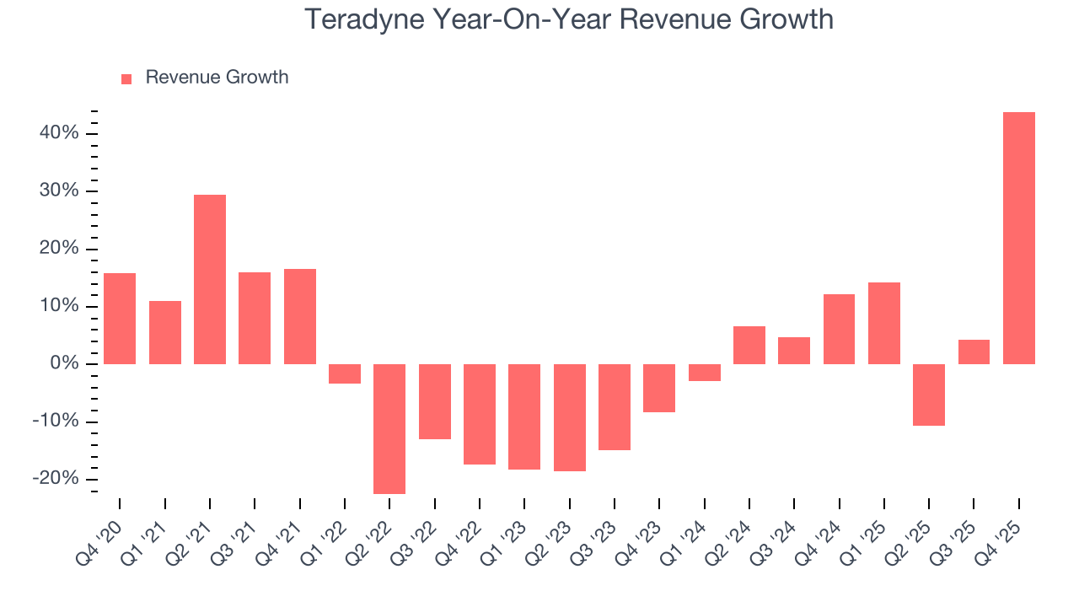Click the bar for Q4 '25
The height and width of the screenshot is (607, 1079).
point(1018,238)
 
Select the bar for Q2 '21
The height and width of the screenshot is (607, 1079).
point(210,279)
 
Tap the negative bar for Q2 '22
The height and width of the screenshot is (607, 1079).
point(389,428)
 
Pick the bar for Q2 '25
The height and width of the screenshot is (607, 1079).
point(929,395)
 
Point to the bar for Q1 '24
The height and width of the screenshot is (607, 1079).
point(704,373)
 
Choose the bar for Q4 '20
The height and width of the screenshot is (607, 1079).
point(120,319)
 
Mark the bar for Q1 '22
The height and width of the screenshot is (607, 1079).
point(345,373)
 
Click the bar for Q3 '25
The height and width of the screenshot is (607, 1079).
point(974,352)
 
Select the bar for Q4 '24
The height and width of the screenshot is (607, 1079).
point(839,329)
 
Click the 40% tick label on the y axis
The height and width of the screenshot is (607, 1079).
point(58,133)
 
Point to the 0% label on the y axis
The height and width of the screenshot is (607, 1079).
point(64,363)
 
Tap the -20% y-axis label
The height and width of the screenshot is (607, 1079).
point(55,479)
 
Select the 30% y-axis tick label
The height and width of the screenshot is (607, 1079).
point(58,191)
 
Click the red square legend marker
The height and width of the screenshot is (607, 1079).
point(126,78)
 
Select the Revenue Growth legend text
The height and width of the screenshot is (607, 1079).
point(217,78)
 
